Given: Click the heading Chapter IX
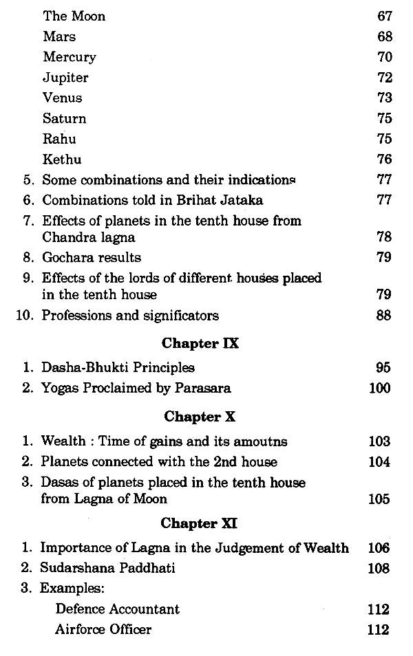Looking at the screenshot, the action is pyautogui.click(x=200, y=343).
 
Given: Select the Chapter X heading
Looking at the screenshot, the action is pyautogui.click(x=200, y=417).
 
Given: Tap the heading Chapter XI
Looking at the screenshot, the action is pyautogui.click(x=200, y=523).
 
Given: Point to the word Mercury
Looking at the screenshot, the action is pyautogui.click(x=69, y=56).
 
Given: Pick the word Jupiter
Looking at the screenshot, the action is pyautogui.click(x=65, y=77).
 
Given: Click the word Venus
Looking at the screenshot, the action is pyautogui.click(x=62, y=98).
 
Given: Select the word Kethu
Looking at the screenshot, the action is pyautogui.click(x=62, y=160).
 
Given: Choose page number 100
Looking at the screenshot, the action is pyautogui.click(x=380, y=388).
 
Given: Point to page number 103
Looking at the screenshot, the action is pyautogui.click(x=379, y=441).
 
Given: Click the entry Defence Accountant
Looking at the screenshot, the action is pyautogui.click(x=118, y=609).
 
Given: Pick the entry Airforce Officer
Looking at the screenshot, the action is pyautogui.click(x=103, y=629).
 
